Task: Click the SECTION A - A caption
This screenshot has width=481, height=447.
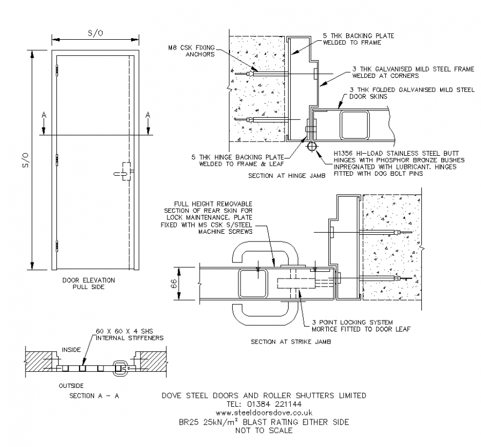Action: [95, 396]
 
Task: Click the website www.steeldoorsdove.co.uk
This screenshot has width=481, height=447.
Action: [264, 413]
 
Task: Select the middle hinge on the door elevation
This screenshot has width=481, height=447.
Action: [57, 160]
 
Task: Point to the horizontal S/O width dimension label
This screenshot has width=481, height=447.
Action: [96, 33]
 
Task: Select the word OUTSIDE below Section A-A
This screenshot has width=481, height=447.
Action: [71, 385]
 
